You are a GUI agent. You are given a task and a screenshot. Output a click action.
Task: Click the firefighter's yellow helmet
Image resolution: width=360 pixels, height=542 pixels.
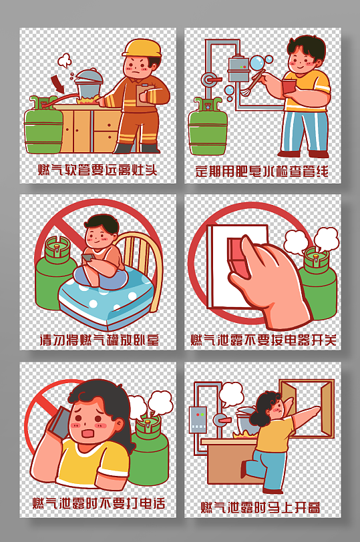143,49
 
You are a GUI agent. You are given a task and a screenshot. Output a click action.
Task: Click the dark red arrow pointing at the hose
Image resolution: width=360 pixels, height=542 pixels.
58,84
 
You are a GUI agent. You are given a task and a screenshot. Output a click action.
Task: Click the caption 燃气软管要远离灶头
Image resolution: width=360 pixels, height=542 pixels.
98,170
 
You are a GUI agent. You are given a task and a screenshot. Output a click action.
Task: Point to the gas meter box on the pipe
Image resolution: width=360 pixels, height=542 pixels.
238,65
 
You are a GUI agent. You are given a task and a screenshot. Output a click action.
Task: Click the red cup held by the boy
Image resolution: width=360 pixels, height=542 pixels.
288,87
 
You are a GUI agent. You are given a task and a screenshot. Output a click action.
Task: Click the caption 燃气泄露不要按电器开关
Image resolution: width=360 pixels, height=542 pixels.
263,340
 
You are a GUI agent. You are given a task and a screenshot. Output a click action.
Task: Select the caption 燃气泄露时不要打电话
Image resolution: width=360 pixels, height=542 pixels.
98,503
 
